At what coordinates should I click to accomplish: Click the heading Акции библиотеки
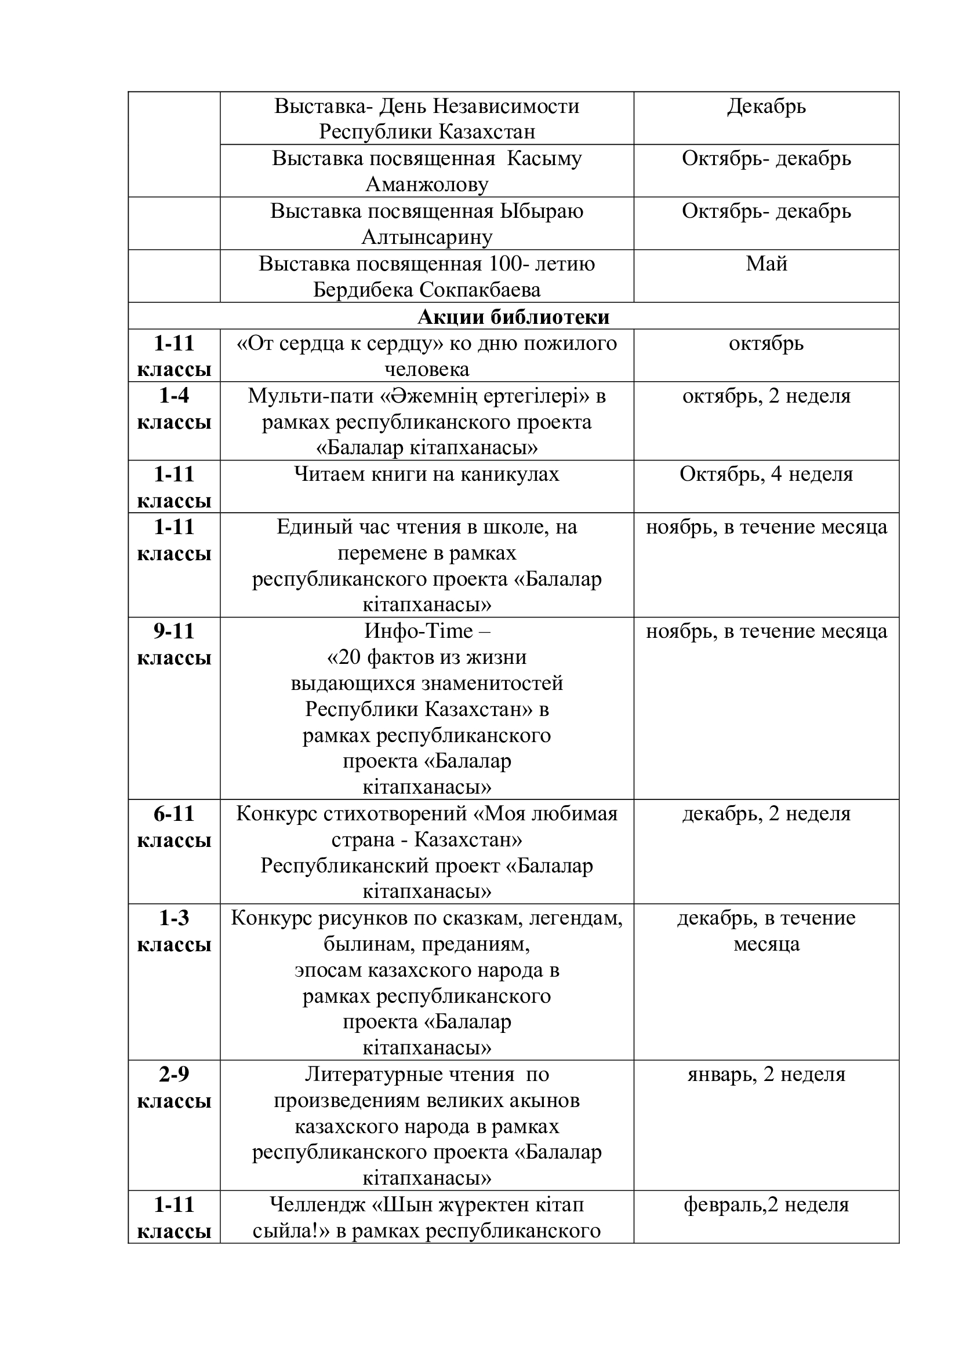(513, 317)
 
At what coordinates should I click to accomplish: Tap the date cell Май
(766, 263)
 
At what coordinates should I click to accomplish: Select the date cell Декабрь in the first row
(766, 107)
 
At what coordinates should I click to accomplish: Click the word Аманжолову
(427, 185)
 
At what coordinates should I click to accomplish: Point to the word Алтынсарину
(427, 238)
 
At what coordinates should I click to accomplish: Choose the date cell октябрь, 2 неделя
(766, 396)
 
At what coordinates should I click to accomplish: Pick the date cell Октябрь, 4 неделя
(766, 474)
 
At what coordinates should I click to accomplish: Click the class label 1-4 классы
(174, 409)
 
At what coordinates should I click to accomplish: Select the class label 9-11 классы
(174, 644)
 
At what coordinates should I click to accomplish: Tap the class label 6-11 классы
(174, 827)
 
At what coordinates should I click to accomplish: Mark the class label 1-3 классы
(174, 932)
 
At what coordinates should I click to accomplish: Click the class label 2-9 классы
(174, 1088)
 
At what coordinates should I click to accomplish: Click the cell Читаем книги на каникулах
(426, 474)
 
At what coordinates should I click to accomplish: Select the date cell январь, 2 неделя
(766, 1075)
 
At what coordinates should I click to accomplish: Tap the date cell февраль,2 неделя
(766, 1204)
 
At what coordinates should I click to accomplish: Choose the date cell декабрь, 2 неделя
(766, 814)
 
